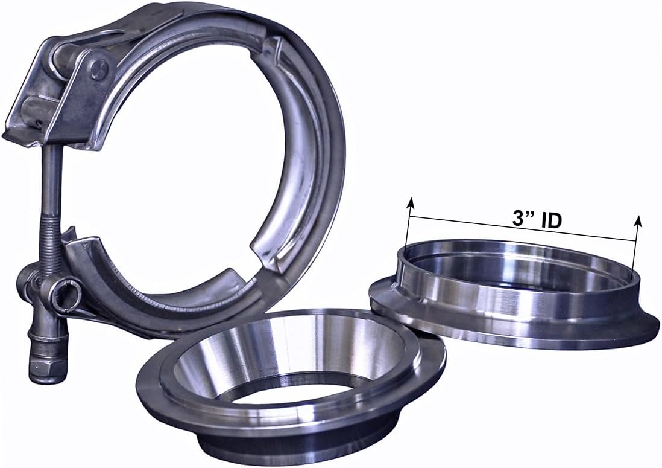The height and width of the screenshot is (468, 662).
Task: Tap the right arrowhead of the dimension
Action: pos(638,222)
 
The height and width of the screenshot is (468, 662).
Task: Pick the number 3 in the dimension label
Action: pos(518,218)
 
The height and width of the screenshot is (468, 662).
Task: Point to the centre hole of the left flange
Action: pos(283,386)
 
